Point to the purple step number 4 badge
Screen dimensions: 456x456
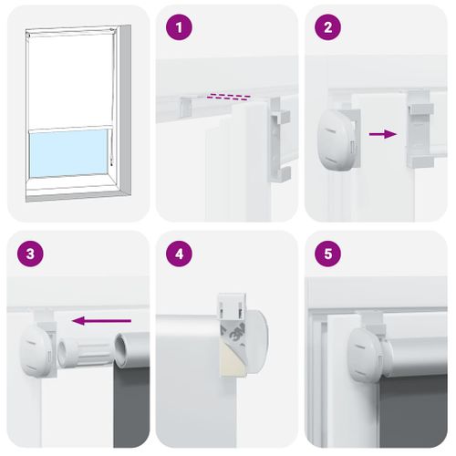[178, 254]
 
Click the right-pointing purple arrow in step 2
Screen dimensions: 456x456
[382, 134]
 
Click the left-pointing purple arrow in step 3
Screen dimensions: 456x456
[101, 320]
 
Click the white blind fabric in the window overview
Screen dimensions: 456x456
[67, 82]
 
